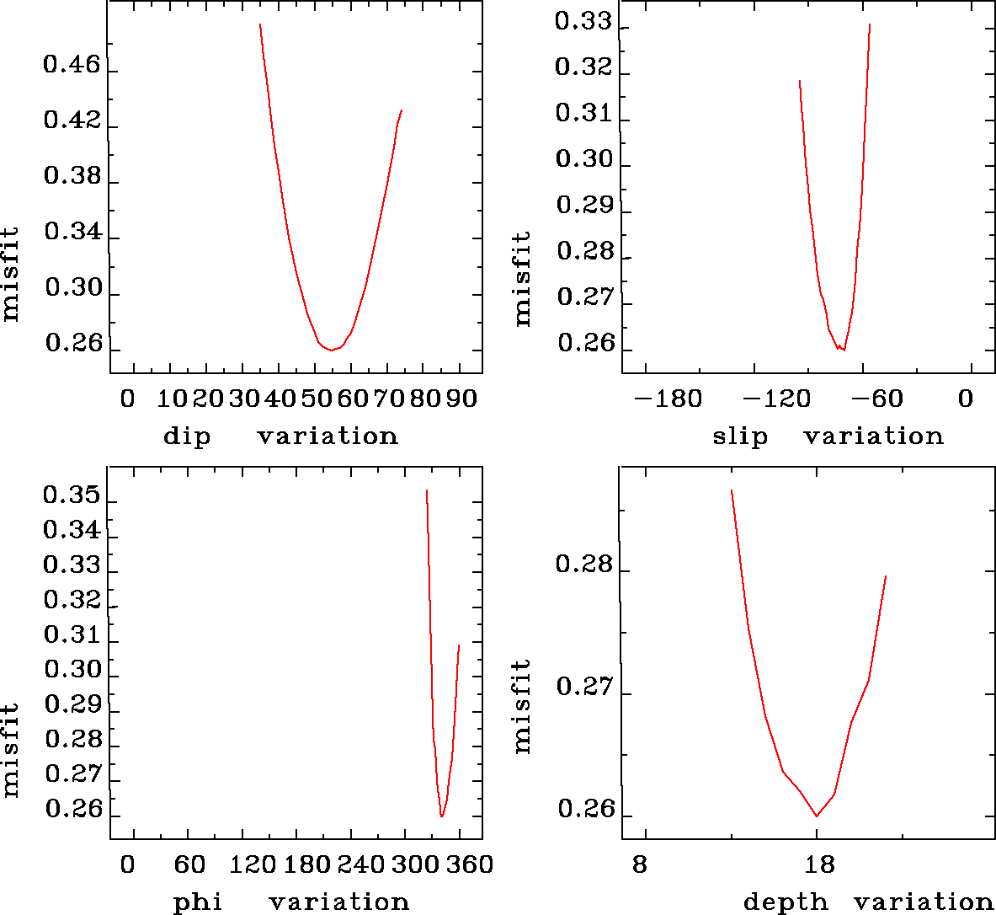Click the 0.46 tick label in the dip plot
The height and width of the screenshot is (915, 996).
pyautogui.click(x=72, y=66)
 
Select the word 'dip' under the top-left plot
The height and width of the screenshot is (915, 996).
pyautogui.click(x=186, y=436)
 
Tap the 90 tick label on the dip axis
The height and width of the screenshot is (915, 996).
pyautogui.click(x=461, y=399)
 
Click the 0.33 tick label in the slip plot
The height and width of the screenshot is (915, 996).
pyautogui.click(x=583, y=23)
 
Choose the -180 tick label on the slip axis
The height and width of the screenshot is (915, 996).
pyautogui.click(x=667, y=399)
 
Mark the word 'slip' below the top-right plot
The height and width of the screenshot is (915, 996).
pyautogui.click(x=740, y=436)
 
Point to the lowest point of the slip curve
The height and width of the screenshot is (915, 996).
pyautogui.click(x=843, y=349)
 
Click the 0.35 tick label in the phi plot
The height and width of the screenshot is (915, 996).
pyautogui.click(x=71, y=495)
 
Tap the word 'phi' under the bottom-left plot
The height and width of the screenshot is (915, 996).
pyautogui.click(x=198, y=902)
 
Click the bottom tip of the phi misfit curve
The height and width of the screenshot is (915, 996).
pyautogui.click(x=441, y=816)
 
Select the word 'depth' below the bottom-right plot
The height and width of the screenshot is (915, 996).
pyautogui.click(x=786, y=902)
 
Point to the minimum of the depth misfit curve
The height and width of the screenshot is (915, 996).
pyautogui.click(x=816, y=816)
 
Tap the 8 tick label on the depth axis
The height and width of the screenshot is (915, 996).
pyautogui.click(x=641, y=865)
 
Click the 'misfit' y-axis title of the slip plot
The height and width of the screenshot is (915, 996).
pyautogui.click(x=523, y=279)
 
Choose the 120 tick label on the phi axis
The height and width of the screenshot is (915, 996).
pyautogui.click(x=253, y=865)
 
